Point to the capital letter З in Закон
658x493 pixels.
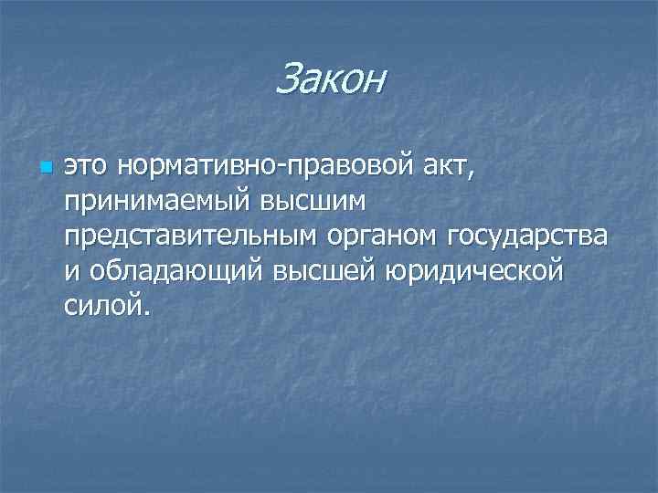click(x=285, y=79)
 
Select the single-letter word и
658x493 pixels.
click(x=71, y=272)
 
